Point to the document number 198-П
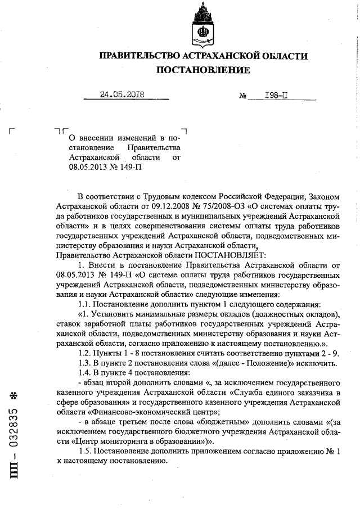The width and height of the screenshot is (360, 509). [276, 95]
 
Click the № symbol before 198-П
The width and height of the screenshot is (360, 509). [244, 96]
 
